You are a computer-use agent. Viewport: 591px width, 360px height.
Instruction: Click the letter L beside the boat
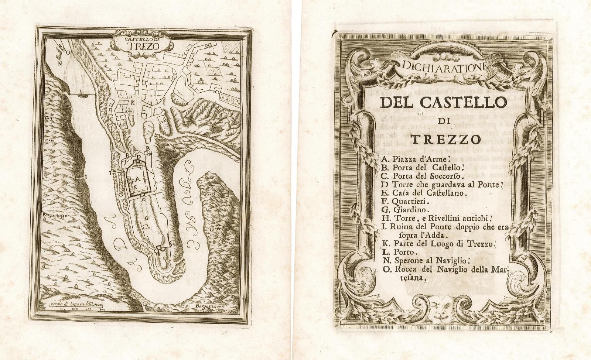(81, 91)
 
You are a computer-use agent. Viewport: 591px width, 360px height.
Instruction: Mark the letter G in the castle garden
(147, 219)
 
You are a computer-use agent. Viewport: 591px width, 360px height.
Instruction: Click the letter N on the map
(59, 62)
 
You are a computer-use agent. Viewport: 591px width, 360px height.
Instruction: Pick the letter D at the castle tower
(138, 157)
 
